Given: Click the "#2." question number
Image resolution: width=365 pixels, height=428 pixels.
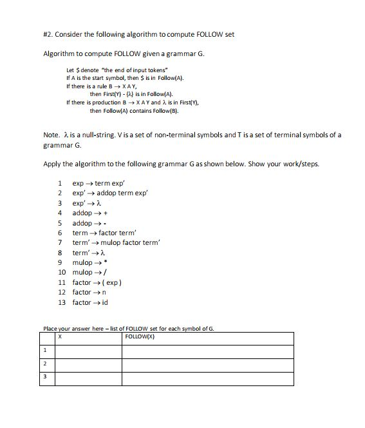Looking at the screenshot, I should coord(50,34).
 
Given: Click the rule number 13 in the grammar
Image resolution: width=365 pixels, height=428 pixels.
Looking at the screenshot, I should coord(62,302).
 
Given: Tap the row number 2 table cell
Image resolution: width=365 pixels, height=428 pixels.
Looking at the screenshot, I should coord(47,364).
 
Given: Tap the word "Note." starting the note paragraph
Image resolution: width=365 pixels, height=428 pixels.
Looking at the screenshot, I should coord(51,135).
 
